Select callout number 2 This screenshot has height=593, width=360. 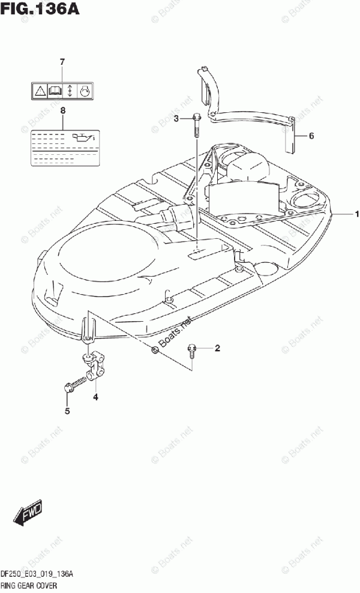(x=217, y=348)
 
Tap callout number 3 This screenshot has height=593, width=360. (x=176, y=119)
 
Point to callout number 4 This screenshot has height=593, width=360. (x=95, y=397)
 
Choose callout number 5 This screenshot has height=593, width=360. (x=67, y=411)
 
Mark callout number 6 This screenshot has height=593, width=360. (x=311, y=136)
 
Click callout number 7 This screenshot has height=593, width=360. (x=62, y=62)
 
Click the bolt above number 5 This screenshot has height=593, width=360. (x=73, y=384)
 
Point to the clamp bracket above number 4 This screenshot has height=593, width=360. (x=93, y=368)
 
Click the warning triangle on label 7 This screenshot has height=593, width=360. (x=39, y=91)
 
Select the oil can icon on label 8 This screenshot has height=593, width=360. (x=80, y=138)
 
